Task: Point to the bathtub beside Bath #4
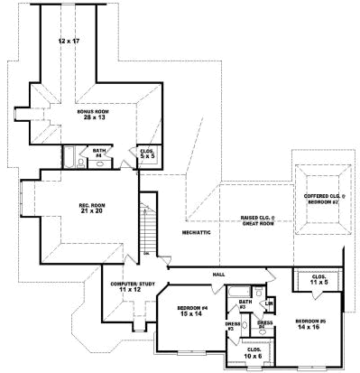point(69,157)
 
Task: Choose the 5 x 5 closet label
point(145,157)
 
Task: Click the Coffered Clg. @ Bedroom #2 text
point(320,198)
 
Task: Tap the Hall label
point(217,273)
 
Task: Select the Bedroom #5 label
point(312,323)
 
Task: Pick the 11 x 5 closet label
point(318,280)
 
